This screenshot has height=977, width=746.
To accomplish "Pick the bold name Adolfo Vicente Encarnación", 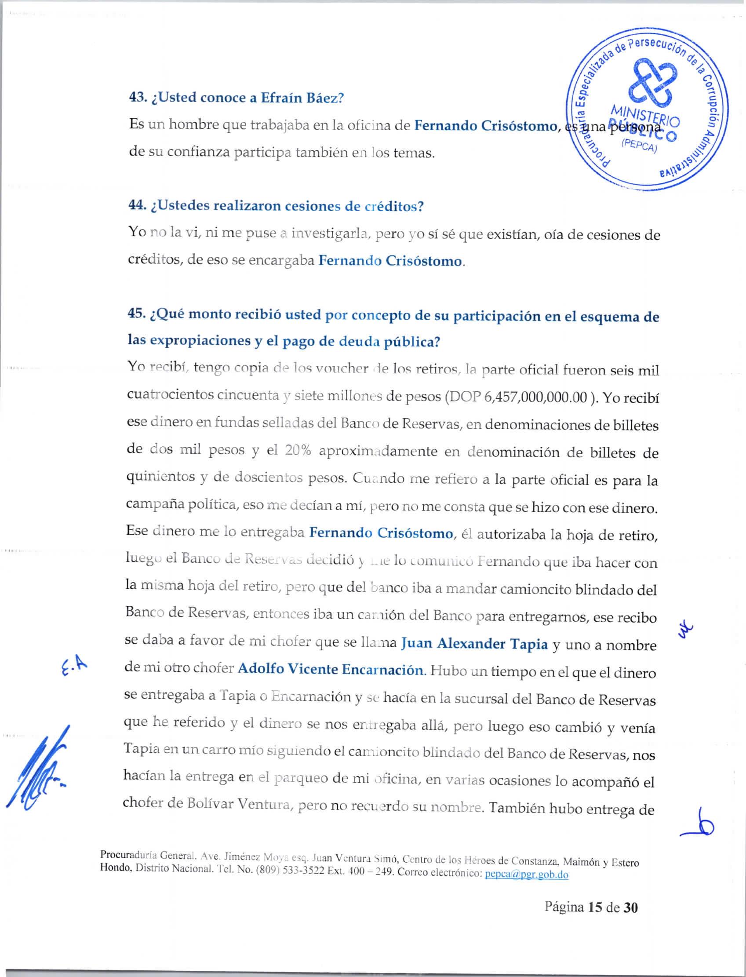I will [331, 669].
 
